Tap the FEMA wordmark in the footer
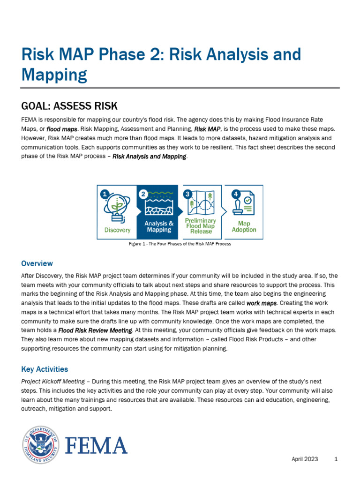point(96,445)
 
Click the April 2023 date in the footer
point(305,459)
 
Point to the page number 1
point(336,459)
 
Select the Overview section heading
point(37,263)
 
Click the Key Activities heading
point(45,369)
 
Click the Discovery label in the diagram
point(117,230)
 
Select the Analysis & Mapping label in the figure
point(159,227)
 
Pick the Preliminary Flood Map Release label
point(201,226)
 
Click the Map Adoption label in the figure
point(244,227)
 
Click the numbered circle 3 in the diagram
point(187,193)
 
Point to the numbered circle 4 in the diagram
point(236,193)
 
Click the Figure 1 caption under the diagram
point(180,244)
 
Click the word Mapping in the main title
point(54,75)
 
